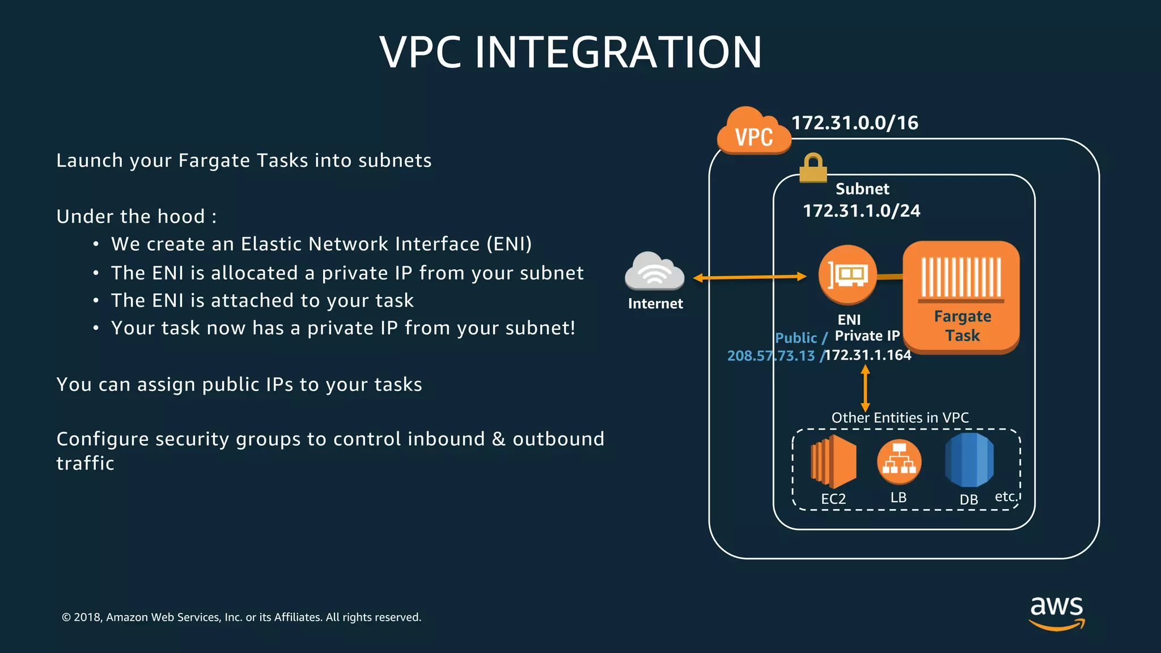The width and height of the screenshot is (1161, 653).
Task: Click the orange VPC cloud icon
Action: click(753, 132)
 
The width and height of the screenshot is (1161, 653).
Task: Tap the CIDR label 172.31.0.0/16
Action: click(854, 123)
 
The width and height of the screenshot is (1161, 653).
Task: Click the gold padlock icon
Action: click(813, 168)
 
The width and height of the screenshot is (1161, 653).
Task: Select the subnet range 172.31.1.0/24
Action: click(861, 211)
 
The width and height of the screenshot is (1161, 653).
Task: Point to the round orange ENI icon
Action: click(847, 274)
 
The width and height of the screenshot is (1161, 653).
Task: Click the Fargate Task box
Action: click(961, 296)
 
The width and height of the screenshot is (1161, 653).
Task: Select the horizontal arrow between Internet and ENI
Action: click(749, 277)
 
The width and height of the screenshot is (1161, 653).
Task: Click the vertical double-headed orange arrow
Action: click(865, 388)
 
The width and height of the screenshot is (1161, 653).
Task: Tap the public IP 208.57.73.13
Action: click(770, 356)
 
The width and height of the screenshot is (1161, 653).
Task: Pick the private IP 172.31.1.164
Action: click(868, 355)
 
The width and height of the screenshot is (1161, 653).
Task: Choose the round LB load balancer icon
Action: click(899, 461)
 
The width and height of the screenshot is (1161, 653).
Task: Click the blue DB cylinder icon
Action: click(969, 460)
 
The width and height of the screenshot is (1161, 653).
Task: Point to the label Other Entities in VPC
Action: click(900, 418)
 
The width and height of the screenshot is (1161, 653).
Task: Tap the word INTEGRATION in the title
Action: click(618, 53)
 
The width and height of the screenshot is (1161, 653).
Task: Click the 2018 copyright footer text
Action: click(241, 617)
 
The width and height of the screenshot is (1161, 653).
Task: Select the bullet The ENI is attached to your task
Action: click(262, 300)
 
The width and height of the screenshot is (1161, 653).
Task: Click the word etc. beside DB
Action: click(1006, 497)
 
